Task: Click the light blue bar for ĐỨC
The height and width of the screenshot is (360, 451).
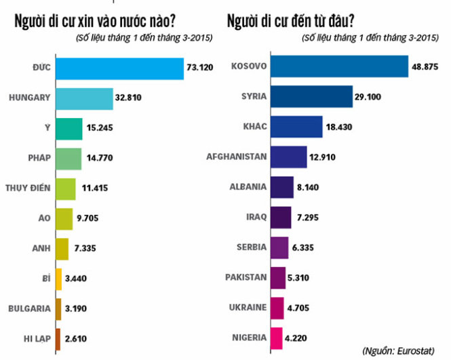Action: (x=119, y=69)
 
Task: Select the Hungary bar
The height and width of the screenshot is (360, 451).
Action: (x=84, y=98)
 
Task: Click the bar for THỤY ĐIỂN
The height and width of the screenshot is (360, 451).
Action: (x=66, y=188)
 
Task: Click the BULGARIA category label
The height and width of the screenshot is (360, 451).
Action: (x=29, y=308)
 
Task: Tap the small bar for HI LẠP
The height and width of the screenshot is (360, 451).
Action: (x=58, y=338)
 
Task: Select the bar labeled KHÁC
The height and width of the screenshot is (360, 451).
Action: (x=302, y=127)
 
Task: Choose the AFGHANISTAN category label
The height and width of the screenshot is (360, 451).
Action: (x=237, y=157)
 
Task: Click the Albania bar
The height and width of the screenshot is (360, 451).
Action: (x=281, y=187)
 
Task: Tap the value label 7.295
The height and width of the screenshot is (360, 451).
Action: (x=310, y=218)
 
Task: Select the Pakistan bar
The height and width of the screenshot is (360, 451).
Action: (x=277, y=277)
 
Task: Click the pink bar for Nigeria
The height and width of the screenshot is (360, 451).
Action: (x=276, y=337)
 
